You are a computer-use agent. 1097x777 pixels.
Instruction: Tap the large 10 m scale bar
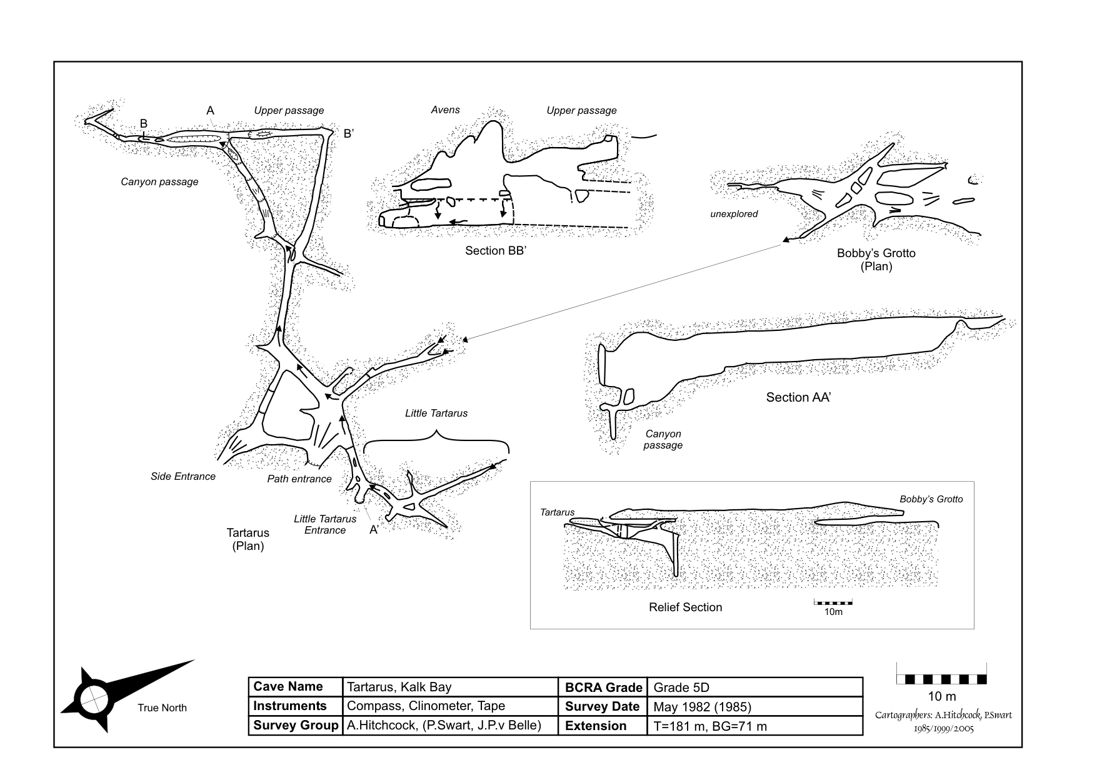tap(941, 678)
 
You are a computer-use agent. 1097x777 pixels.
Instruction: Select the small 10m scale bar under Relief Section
tap(833, 602)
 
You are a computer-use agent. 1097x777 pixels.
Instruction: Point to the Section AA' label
tap(798, 397)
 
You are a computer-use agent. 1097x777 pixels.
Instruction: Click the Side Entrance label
tap(183, 476)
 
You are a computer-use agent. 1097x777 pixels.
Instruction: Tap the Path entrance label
tap(299, 479)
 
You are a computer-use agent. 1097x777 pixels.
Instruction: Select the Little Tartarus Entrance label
tap(325, 524)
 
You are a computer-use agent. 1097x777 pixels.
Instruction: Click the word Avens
tap(445, 109)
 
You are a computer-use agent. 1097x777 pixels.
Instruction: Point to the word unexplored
tap(734, 214)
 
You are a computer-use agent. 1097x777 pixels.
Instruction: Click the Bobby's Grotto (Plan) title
tap(876, 260)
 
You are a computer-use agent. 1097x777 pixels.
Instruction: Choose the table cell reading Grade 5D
tap(681, 687)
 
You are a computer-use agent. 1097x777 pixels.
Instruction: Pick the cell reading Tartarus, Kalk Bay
tap(399, 687)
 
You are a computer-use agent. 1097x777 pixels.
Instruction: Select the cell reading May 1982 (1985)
tap(702, 706)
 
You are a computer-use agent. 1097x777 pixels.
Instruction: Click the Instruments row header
tap(290, 706)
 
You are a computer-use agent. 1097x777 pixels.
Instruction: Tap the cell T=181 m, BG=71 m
tap(709, 726)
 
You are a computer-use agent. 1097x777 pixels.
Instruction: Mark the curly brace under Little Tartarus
tap(436, 440)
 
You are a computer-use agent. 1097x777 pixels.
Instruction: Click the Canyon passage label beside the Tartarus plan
tap(159, 181)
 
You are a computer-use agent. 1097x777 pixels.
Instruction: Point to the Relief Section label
tap(685, 607)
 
